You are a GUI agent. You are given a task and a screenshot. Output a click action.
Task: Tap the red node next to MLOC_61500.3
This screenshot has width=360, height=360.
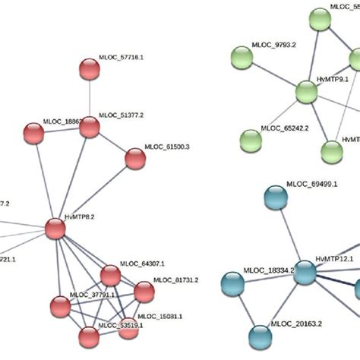tap(134, 159)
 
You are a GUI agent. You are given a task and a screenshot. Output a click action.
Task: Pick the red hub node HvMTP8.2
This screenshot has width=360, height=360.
tap(55, 228)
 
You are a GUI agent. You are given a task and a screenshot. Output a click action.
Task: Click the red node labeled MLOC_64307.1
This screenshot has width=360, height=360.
tap(110, 274)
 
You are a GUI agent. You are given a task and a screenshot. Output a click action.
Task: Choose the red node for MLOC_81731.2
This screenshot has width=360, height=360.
tap(143, 291)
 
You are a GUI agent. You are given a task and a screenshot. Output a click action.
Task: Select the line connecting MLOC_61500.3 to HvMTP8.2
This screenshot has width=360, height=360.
tap(95, 193)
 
